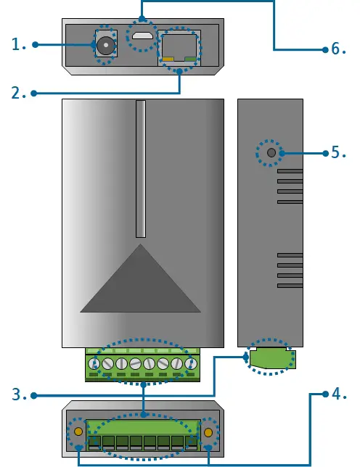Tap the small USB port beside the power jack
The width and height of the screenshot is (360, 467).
coord(142,36)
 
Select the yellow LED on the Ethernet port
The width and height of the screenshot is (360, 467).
coord(168,59)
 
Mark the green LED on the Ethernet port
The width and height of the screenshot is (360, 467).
coord(191,59)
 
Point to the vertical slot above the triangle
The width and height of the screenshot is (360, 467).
coord(140,168)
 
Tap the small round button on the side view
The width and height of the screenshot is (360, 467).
coord(271,153)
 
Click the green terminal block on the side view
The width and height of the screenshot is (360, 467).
coord(271,358)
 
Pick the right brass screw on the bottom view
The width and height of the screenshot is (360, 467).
coord(208,432)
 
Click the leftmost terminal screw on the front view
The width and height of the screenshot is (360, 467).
coord(94,363)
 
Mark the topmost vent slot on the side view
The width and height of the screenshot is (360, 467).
coord(290,172)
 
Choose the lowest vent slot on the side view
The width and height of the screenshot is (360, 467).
coord(290,285)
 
